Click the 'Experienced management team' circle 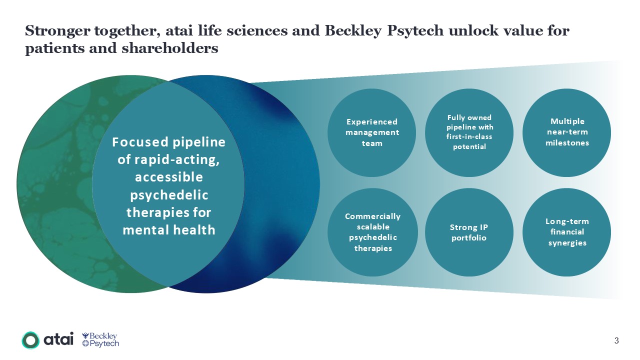coord(371,132)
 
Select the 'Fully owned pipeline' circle coord(469,132)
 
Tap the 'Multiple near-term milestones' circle coord(567,132)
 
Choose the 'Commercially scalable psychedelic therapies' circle coord(371,232)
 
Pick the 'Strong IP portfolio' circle coord(469,232)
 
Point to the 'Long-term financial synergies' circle coord(567,232)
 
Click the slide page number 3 coord(616,341)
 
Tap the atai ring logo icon coord(30,340)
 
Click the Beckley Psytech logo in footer coord(100,339)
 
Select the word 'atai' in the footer coord(59,339)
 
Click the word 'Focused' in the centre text coord(139,142)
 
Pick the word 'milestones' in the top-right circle coord(567,143)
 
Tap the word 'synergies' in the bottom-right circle coord(567,243)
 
